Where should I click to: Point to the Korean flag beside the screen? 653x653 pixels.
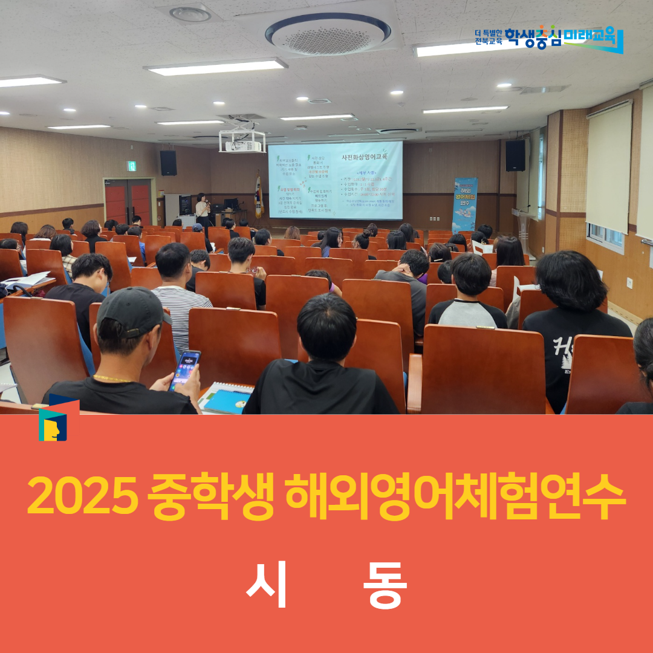(x=259, y=197)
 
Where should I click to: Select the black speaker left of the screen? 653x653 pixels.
(x=168, y=163)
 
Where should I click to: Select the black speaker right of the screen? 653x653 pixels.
(x=515, y=155)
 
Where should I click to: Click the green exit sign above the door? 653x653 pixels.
(x=131, y=166)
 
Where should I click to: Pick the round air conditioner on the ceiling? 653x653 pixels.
(x=328, y=33)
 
